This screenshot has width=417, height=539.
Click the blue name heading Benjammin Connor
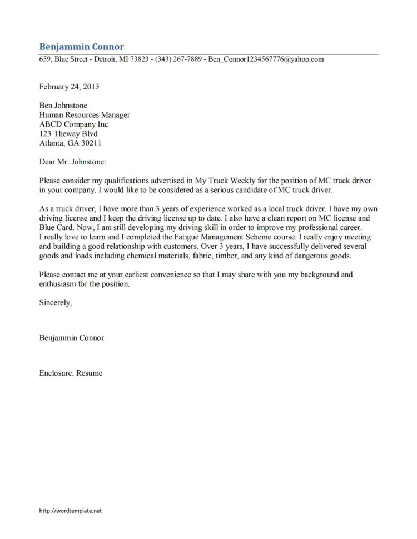click(82, 47)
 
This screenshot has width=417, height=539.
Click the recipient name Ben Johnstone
click(63, 105)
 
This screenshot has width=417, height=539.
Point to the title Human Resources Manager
click(85, 115)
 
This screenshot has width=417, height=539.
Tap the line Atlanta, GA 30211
click(70, 143)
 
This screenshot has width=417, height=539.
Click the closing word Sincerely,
click(56, 303)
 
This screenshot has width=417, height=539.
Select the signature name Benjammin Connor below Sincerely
click(71, 337)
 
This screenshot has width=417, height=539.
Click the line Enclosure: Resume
click(71, 373)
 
